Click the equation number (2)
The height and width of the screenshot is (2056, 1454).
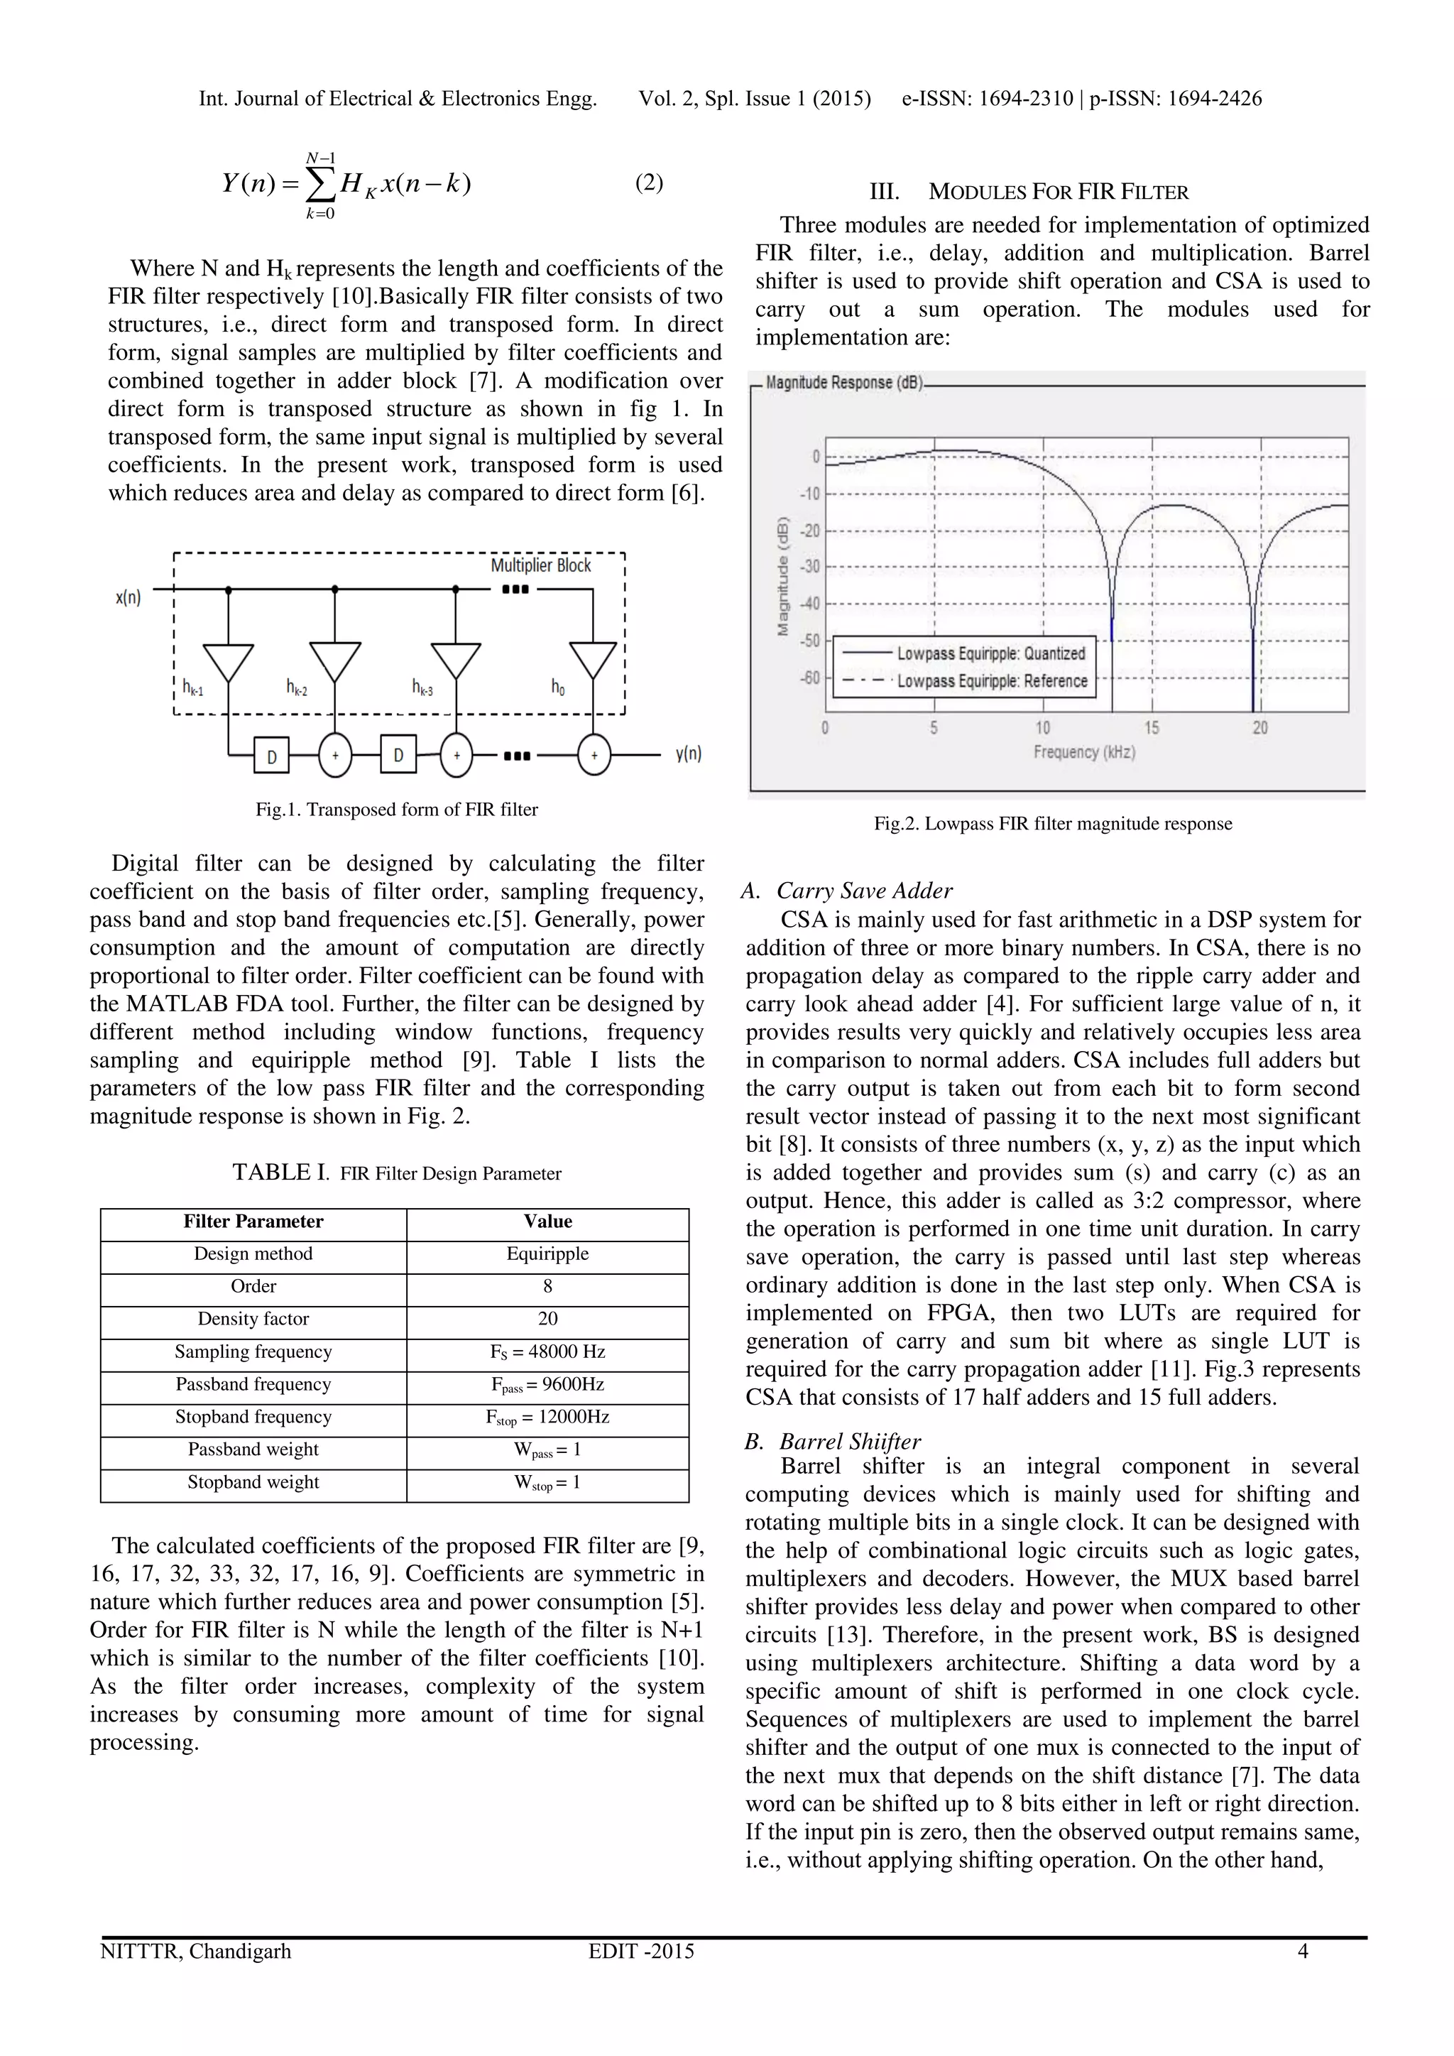coord(649,183)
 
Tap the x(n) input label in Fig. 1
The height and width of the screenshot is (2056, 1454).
coord(128,597)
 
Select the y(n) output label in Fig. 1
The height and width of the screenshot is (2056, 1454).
coord(688,754)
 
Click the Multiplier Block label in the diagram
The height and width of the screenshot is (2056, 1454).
coord(541,565)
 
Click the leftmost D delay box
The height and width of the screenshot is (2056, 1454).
coord(271,756)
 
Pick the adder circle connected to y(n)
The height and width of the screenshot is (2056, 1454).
coord(594,755)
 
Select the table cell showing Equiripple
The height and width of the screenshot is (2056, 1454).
coord(547,1253)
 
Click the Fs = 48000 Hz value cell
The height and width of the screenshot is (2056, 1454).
coord(547,1352)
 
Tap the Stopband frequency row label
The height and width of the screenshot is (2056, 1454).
coord(253,1417)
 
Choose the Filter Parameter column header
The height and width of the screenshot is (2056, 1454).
coord(253,1222)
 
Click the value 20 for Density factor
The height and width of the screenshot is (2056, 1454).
coord(547,1319)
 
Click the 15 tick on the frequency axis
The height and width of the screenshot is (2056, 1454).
coord(1152,728)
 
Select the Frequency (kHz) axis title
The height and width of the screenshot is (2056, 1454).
coord(1083,752)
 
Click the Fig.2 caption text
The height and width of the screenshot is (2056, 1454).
coord(1053,824)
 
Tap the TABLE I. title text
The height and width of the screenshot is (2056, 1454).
coord(397,1173)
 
